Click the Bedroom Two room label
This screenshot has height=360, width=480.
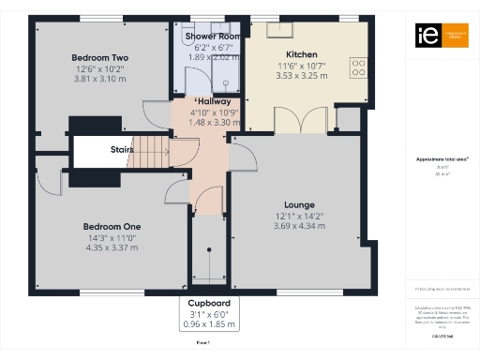(x=100, y=58)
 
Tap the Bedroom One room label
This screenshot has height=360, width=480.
(x=112, y=227)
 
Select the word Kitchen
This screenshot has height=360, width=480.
(x=301, y=55)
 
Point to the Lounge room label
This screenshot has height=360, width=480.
(x=299, y=204)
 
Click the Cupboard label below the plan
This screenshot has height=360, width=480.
(x=209, y=304)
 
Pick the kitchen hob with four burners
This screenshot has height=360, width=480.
(x=357, y=67)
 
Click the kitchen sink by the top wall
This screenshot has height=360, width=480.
(x=278, y=29)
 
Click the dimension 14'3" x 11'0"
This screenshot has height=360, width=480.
(x=112, y=238)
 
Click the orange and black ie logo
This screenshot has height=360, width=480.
(x=427, y=36)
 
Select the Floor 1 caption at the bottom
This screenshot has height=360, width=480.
(x=202, y=344)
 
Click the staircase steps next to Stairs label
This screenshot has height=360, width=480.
(x=145, y=147)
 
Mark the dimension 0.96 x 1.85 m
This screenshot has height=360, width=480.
(x=209, y=325)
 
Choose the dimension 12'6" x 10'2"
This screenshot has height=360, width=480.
(x=100, y=69)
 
